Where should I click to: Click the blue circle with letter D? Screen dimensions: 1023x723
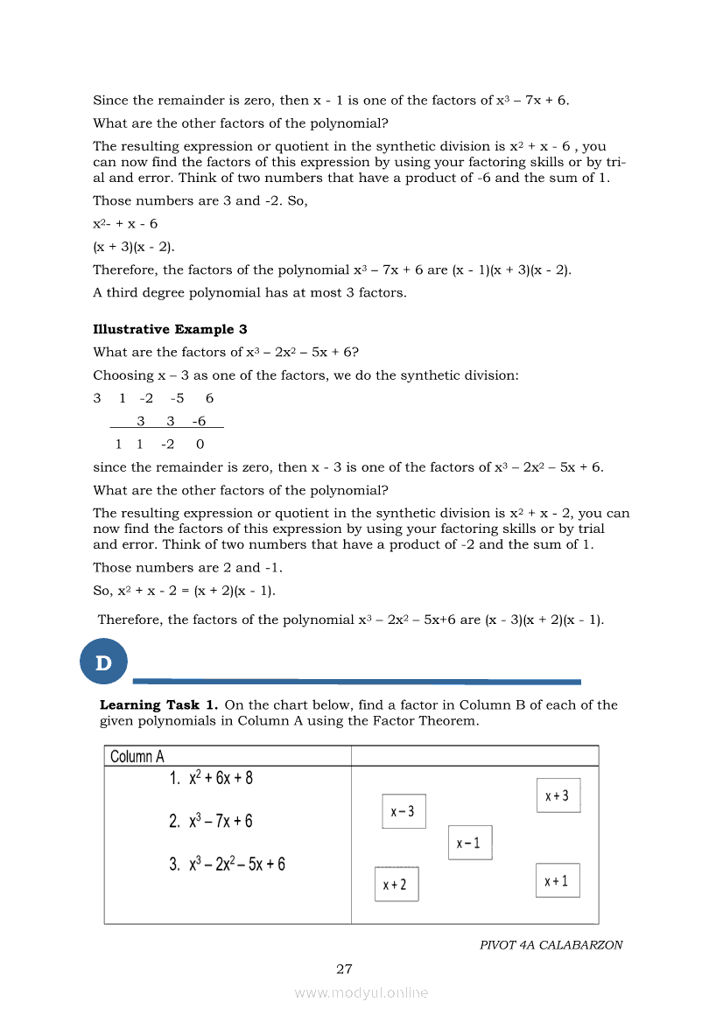click(x=103, y=662)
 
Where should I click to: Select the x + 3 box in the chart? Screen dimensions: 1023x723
click(x=558, y=795)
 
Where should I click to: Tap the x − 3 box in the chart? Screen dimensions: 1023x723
click(x=404, y=811)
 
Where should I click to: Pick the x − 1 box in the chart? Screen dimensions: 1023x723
click(x=469, y=843)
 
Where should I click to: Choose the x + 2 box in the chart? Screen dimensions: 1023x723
click(x=396, y=884)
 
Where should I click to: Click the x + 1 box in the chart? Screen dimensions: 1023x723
click(x=557, y=880)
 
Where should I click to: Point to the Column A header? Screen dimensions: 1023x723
click(x=137, y=757)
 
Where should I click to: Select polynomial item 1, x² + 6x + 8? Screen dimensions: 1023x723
click(x=211, y=778)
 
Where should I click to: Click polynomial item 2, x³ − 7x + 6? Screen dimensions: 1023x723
click(x=211, y=821)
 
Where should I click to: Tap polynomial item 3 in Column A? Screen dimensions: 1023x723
click(x=227, y=865)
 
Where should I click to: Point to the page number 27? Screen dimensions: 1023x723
click(x=344, y=969)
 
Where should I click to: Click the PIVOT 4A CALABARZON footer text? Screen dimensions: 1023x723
click(x=551, y=945)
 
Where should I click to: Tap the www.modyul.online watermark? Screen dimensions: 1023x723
click(x=361, y=992)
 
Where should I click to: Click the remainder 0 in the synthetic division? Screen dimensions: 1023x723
click(x=200, y=445)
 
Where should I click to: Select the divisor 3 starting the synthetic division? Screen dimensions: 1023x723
click(x=97, y=398)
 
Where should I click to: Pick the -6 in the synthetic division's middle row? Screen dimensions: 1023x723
click(x=199, y=421)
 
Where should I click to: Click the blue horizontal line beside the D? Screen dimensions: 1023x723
click(x=356, y=681)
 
